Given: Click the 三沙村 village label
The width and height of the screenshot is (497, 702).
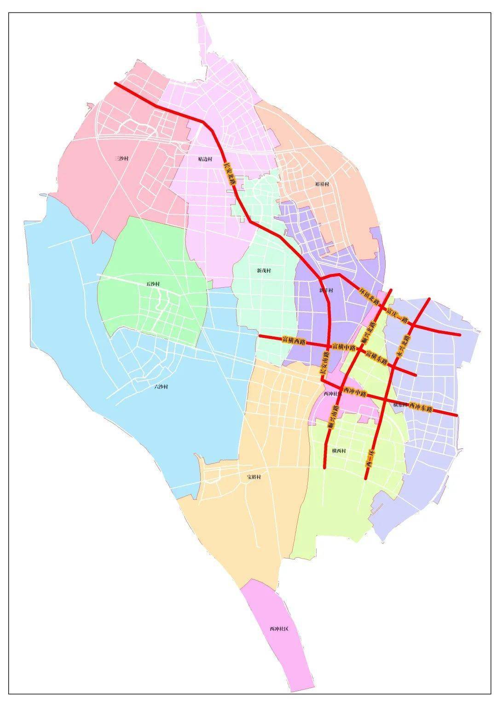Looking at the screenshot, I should click(121, 159).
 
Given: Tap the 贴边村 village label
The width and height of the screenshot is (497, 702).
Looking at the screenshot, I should click(205, 159).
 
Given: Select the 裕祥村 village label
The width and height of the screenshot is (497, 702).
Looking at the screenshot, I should click(322, 184).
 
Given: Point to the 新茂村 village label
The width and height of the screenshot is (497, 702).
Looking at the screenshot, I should click(264, 271).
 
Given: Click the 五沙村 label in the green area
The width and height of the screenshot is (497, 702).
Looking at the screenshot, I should click(153, 284).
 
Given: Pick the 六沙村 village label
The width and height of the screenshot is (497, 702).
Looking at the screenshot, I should click(161, 387).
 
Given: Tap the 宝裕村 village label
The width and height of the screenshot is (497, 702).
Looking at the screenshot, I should click(253, 477).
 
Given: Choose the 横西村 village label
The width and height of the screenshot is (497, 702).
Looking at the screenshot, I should click(339, 451).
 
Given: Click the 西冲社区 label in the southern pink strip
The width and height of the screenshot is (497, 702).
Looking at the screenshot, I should click(278, 628).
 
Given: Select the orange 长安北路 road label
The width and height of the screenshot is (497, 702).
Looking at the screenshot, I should click(229, 173).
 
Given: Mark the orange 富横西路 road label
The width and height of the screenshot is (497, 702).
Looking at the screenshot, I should click(294, 341).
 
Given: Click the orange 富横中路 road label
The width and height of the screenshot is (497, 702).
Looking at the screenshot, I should click(344, 346).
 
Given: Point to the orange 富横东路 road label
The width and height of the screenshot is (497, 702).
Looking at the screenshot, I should click(377, 357).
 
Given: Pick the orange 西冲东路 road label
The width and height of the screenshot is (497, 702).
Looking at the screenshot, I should click(421, 408).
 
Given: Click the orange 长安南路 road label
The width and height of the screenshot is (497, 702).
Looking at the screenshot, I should click(324, 363).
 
